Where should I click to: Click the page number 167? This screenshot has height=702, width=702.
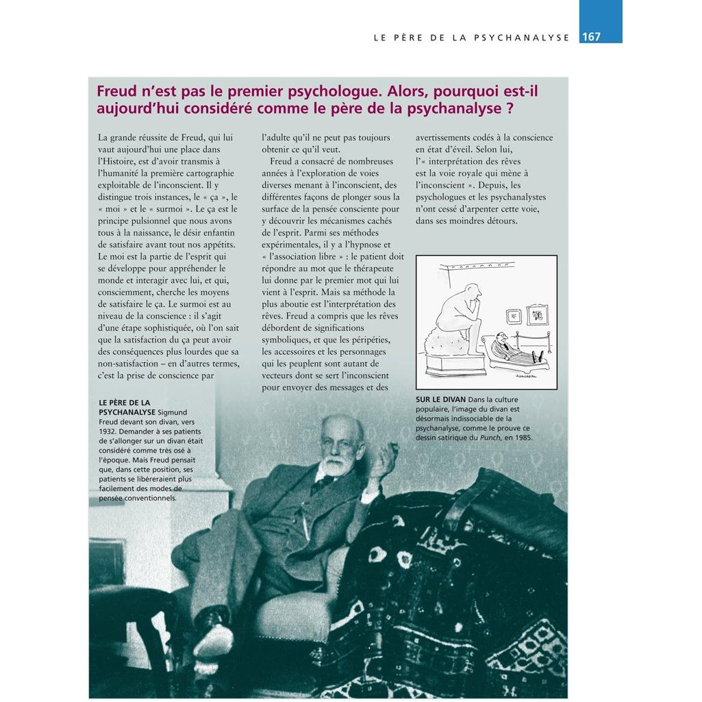[x=591, y=37]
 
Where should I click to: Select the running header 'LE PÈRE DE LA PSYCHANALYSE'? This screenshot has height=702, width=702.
[x=471, y=38]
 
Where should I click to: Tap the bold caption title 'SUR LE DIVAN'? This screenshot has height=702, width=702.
[x=440, y=399]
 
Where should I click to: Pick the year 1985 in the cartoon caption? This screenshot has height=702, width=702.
[x=520, y=438]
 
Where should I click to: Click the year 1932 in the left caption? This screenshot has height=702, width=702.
[x=112, y=431]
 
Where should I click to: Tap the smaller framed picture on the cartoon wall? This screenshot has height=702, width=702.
[x=514, y=316]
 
